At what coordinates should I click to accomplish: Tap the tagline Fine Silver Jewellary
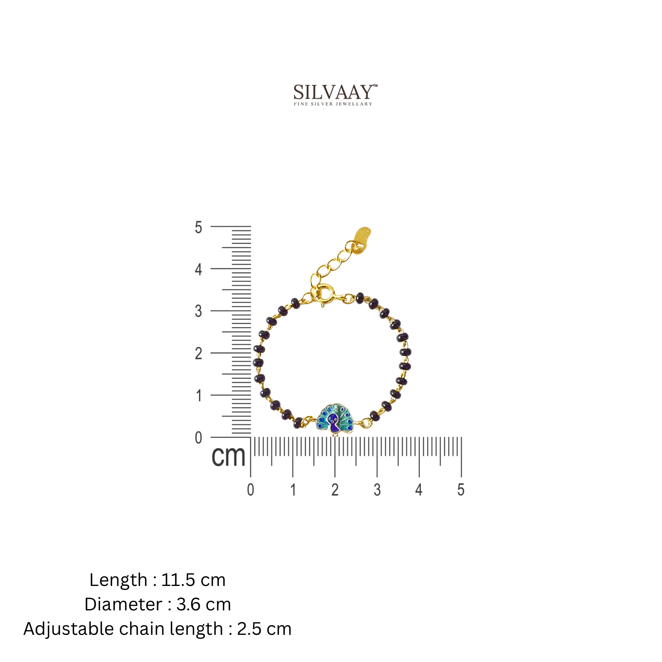click(333, 104)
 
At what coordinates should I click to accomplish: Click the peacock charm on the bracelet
click(334, 418)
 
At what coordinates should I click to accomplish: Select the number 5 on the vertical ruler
click(198, 227)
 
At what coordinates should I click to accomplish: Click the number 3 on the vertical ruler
click(198, 311)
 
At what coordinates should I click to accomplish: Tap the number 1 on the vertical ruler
click(199, 396)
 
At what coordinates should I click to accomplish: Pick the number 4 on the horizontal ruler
click(419, 490)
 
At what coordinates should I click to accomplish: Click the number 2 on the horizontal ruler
click(335, 490)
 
